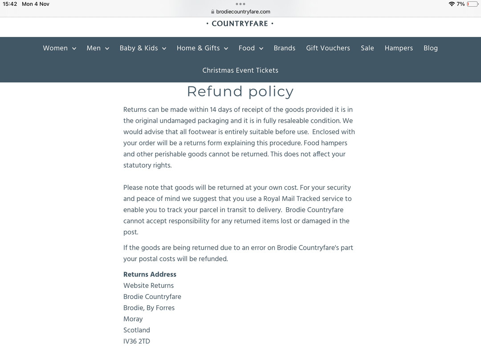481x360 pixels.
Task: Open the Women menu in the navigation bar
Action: [x=59, y=48]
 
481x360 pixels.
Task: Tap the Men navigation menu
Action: [x=98, y=48]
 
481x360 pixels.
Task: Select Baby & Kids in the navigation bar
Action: [x=143, y=48]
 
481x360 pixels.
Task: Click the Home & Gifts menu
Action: [x=202, y=48]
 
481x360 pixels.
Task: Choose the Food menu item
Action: [x=251, y=48]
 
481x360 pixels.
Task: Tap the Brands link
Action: [x=285, y=48]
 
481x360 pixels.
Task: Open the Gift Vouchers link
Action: [x=328, y=48]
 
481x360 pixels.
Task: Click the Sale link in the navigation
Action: [x=367, y=48]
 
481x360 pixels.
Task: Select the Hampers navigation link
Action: [x=399, y=48]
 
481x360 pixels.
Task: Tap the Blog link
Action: [x=431, y=48]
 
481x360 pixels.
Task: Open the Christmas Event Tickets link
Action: [x=240, y=70]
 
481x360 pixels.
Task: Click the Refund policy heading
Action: [x=240, y=91]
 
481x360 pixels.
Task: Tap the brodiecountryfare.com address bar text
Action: [x=243, y=12]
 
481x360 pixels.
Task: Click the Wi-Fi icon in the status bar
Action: [x=452, y=4]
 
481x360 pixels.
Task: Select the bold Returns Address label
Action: [x=150, y=274]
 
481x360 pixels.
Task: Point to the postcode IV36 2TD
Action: [x=137, y=341]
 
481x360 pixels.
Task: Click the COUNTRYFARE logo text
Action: [x=240, y=24]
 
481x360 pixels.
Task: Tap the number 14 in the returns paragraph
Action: [x=214, y=110]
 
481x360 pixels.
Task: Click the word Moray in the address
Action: [x=133, y=319]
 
